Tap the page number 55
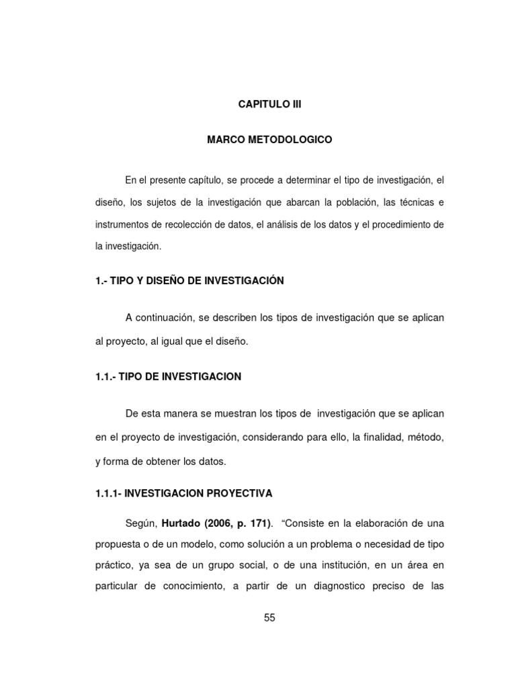coord(270,618)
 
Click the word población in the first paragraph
coord(352,202)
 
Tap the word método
coord(423,437)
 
